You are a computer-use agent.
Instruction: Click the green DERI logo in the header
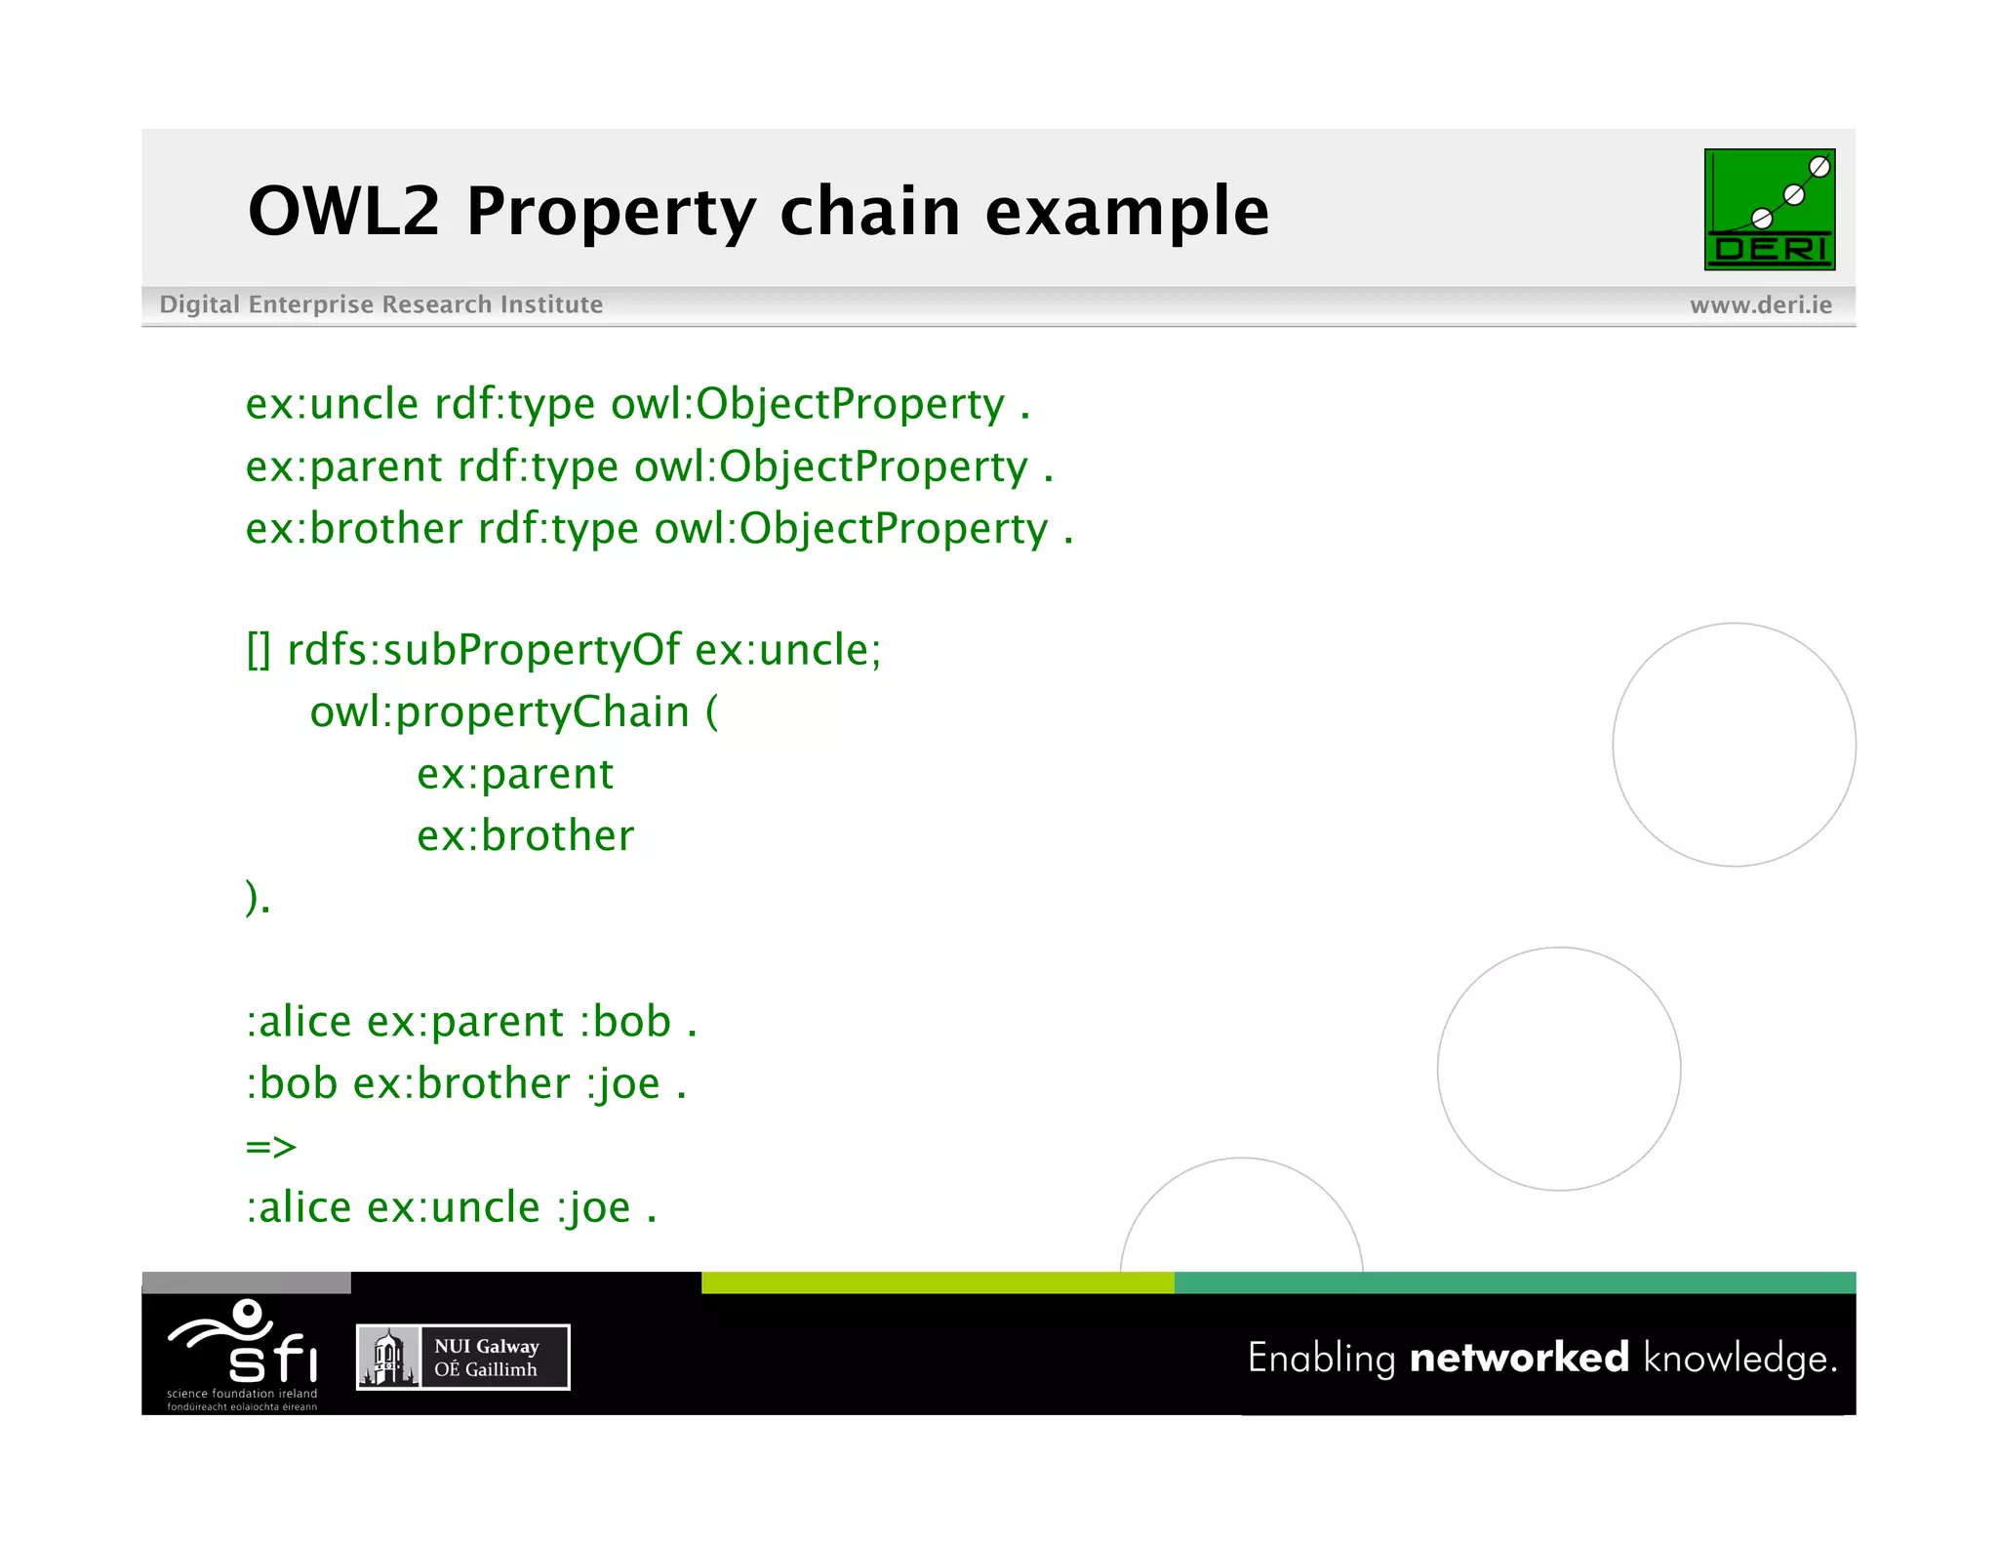tap(1769, 209)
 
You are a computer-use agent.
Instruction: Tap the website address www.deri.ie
tap(1760, 305)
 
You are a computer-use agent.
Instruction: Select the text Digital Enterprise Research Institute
tap(380, 305)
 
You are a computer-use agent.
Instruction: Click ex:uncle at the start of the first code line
tap(332, 404)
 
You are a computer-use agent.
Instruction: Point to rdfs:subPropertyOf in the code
tap(482, 650)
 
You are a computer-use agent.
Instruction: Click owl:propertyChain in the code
tap(499, 711)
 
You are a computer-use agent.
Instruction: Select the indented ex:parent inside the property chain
tap(515, 774)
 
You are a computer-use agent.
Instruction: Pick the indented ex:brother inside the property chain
tap(525, 836)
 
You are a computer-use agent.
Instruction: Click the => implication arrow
tap(270, 1146)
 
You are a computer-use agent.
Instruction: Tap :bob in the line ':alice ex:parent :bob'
tap(625, 1022)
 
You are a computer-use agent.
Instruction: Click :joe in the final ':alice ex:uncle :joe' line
tap(594, 1208)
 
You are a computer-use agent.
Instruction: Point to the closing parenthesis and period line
tap(258, 897)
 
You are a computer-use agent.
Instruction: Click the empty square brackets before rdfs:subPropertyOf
tap(259, 650)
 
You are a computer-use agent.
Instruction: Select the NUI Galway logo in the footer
tap(462, 1357)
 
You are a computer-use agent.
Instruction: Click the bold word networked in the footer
tap(1519, 1358)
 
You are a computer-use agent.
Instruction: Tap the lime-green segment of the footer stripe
tap(937, 1282)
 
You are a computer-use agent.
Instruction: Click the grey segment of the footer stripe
tap(246, 1282)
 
